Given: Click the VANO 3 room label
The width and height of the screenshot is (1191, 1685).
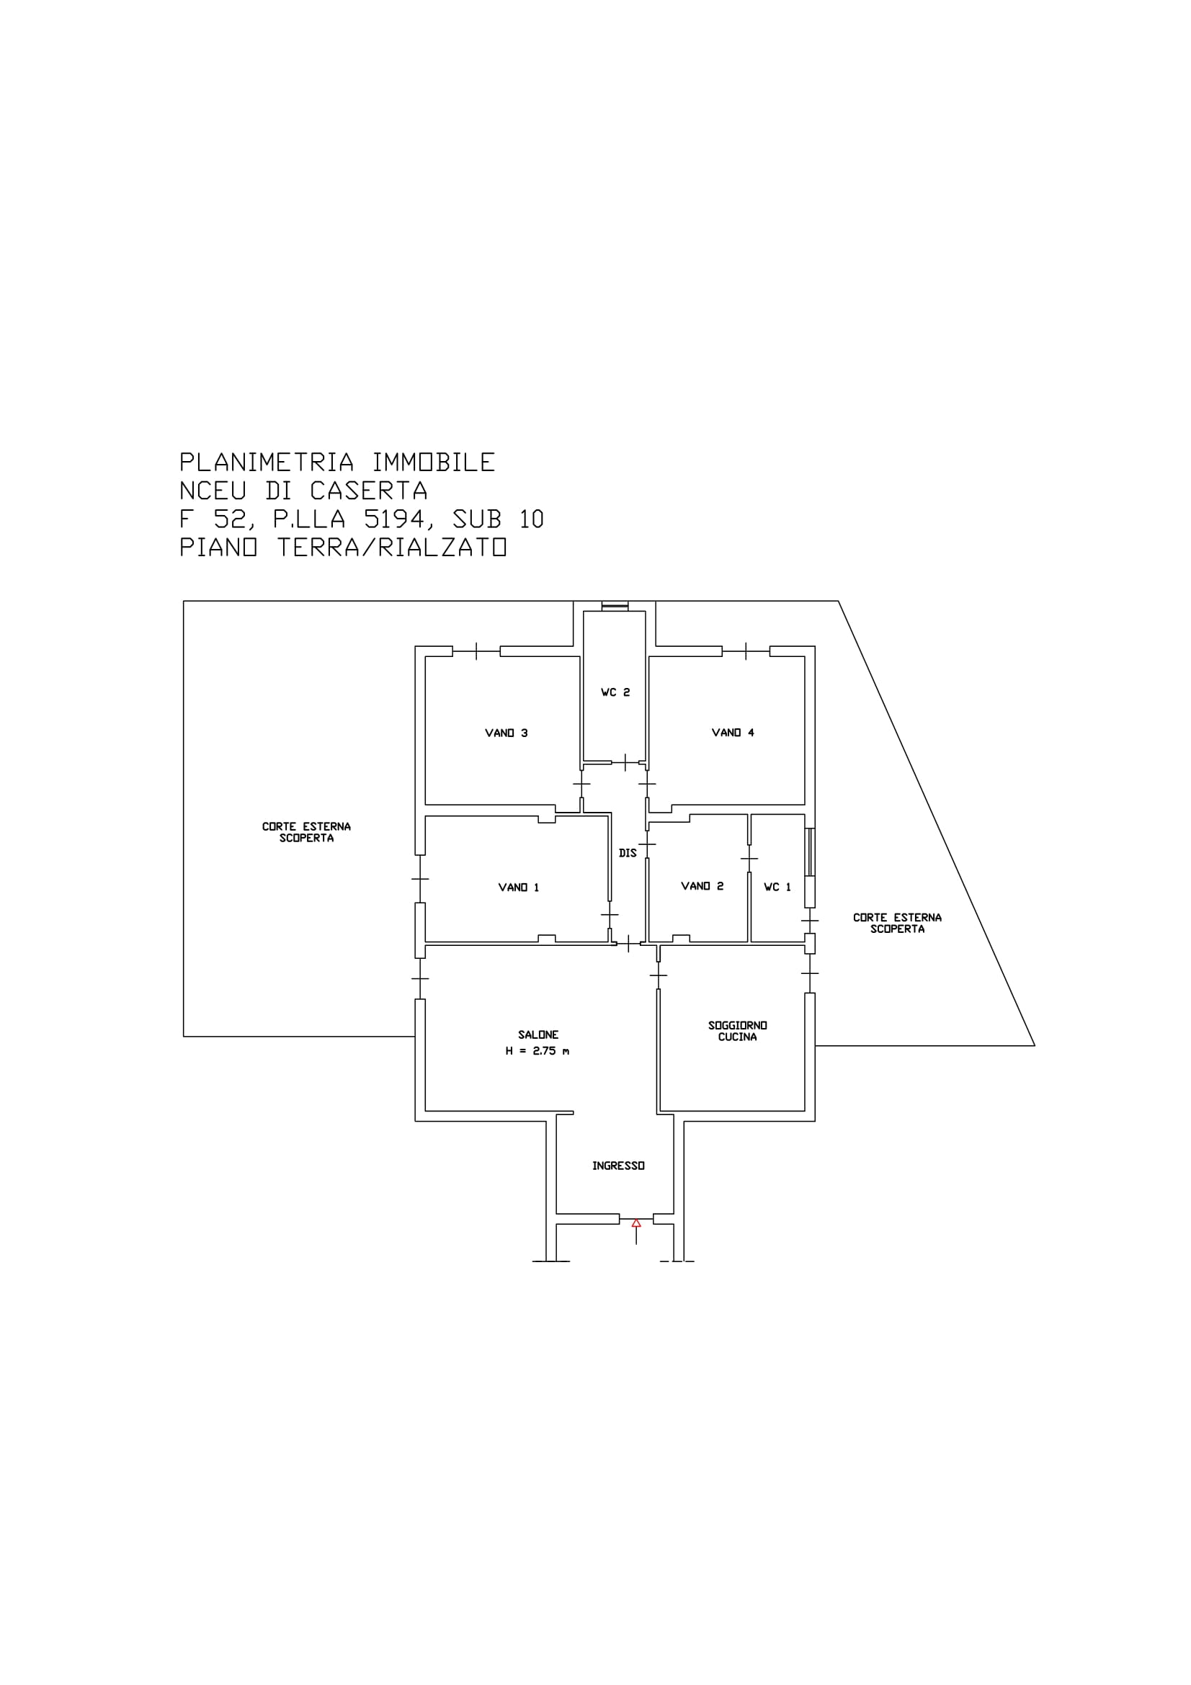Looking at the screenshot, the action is pos(507,733).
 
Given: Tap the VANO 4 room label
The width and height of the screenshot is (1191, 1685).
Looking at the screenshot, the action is pos(733,733).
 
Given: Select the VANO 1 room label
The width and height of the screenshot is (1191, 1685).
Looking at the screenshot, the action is pos(519,888).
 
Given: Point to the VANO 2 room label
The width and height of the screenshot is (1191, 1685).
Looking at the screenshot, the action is pos(702,886).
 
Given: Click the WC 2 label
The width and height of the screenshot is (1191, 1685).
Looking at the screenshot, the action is pos(616,692).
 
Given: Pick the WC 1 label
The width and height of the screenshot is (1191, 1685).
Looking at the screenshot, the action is pos(778,887).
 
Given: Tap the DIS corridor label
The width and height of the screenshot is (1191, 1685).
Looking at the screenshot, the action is pos(628,853).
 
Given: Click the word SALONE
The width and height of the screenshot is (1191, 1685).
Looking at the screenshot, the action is pos(539,1034).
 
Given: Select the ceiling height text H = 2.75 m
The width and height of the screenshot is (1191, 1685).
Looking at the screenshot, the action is pos(537,1051).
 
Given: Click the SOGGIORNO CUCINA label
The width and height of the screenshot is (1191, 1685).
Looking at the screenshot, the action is pos(738,1031).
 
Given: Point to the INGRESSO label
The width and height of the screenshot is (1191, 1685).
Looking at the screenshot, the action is pos(619,1166).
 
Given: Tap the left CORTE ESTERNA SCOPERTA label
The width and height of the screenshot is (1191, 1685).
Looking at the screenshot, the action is pos(307,832).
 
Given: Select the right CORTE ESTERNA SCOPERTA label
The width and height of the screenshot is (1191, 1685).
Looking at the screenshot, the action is pos(898,924).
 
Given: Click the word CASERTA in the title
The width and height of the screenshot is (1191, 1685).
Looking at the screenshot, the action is pos(368,491).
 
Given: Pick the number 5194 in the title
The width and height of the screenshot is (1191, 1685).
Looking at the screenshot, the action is pos(395,519).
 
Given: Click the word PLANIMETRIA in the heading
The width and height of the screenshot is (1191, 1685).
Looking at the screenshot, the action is pos(267,462).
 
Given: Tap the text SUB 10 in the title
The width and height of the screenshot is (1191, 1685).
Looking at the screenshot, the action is pos(499,519).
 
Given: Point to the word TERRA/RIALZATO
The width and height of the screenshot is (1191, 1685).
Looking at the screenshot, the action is pos(392,547).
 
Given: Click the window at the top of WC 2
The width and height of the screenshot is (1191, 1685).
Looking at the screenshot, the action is pos(614,606).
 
